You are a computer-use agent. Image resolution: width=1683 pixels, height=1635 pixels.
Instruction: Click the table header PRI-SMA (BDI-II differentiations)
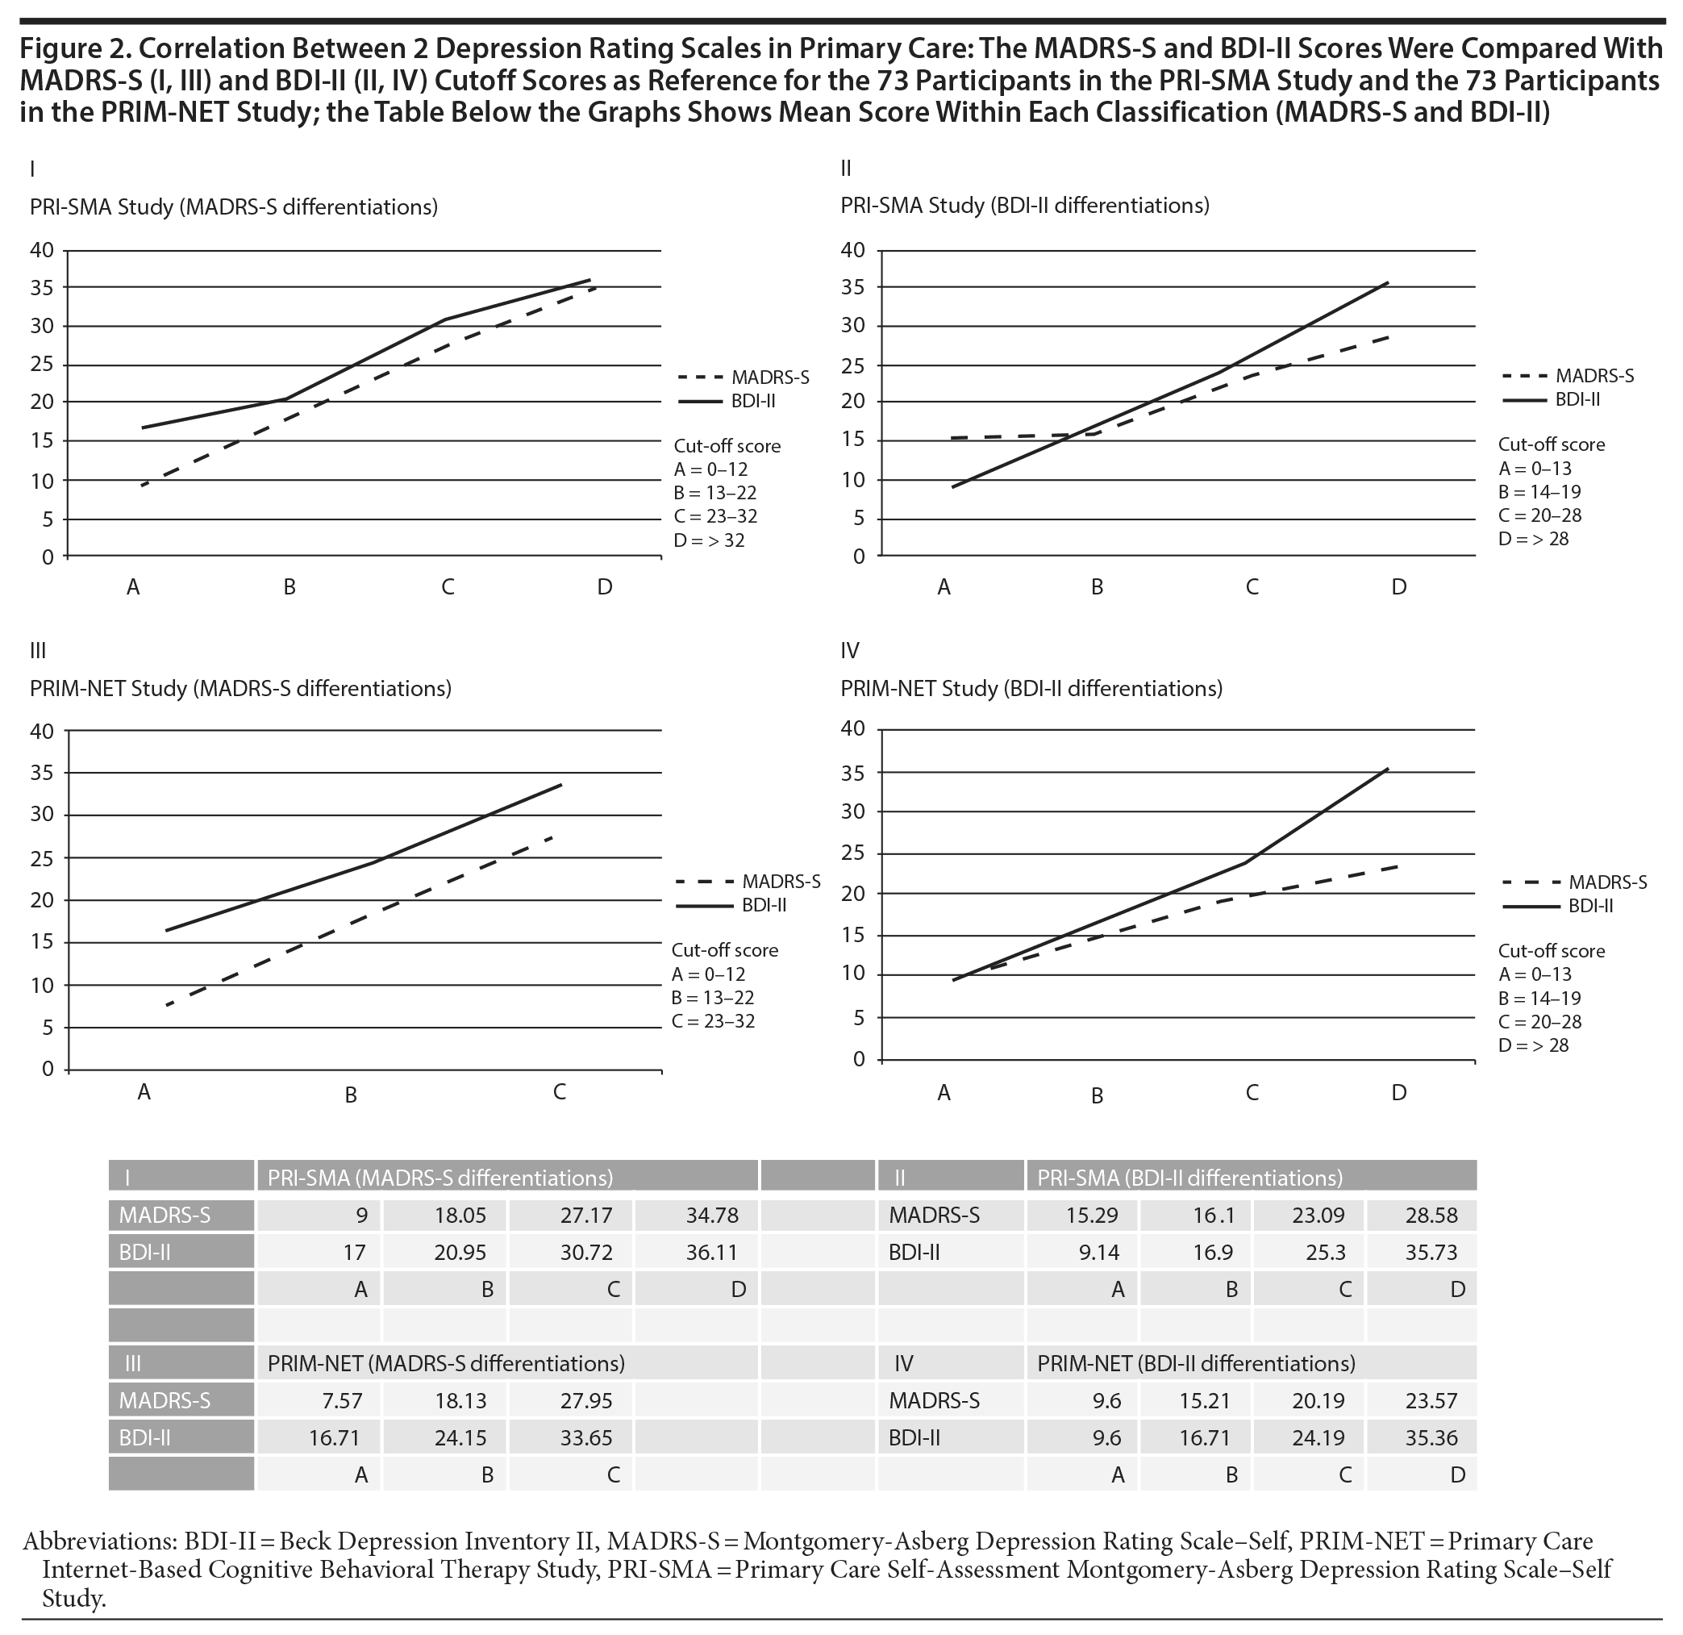(x=1189, y=1178)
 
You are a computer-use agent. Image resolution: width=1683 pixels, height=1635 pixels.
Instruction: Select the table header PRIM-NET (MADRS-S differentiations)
(x=446, y=1364)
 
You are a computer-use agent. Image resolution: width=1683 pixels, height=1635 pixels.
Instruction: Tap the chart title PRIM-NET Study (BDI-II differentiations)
(x=1031, y=689)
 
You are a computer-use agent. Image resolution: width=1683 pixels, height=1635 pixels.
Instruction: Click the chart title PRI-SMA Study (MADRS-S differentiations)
(x=234, y=207)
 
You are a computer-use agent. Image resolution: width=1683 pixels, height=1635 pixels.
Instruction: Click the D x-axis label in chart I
(x=605, y=587)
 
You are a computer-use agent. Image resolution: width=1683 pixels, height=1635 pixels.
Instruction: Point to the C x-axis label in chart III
(x=559, y=1091)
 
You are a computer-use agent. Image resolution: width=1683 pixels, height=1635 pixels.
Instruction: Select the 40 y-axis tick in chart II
(x=852, y=250)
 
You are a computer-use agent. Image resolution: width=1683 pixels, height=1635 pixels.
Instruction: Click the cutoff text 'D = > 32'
(x=710, y=541)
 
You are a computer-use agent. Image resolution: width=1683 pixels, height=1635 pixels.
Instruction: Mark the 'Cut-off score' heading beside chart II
(x=1551, y=444)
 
